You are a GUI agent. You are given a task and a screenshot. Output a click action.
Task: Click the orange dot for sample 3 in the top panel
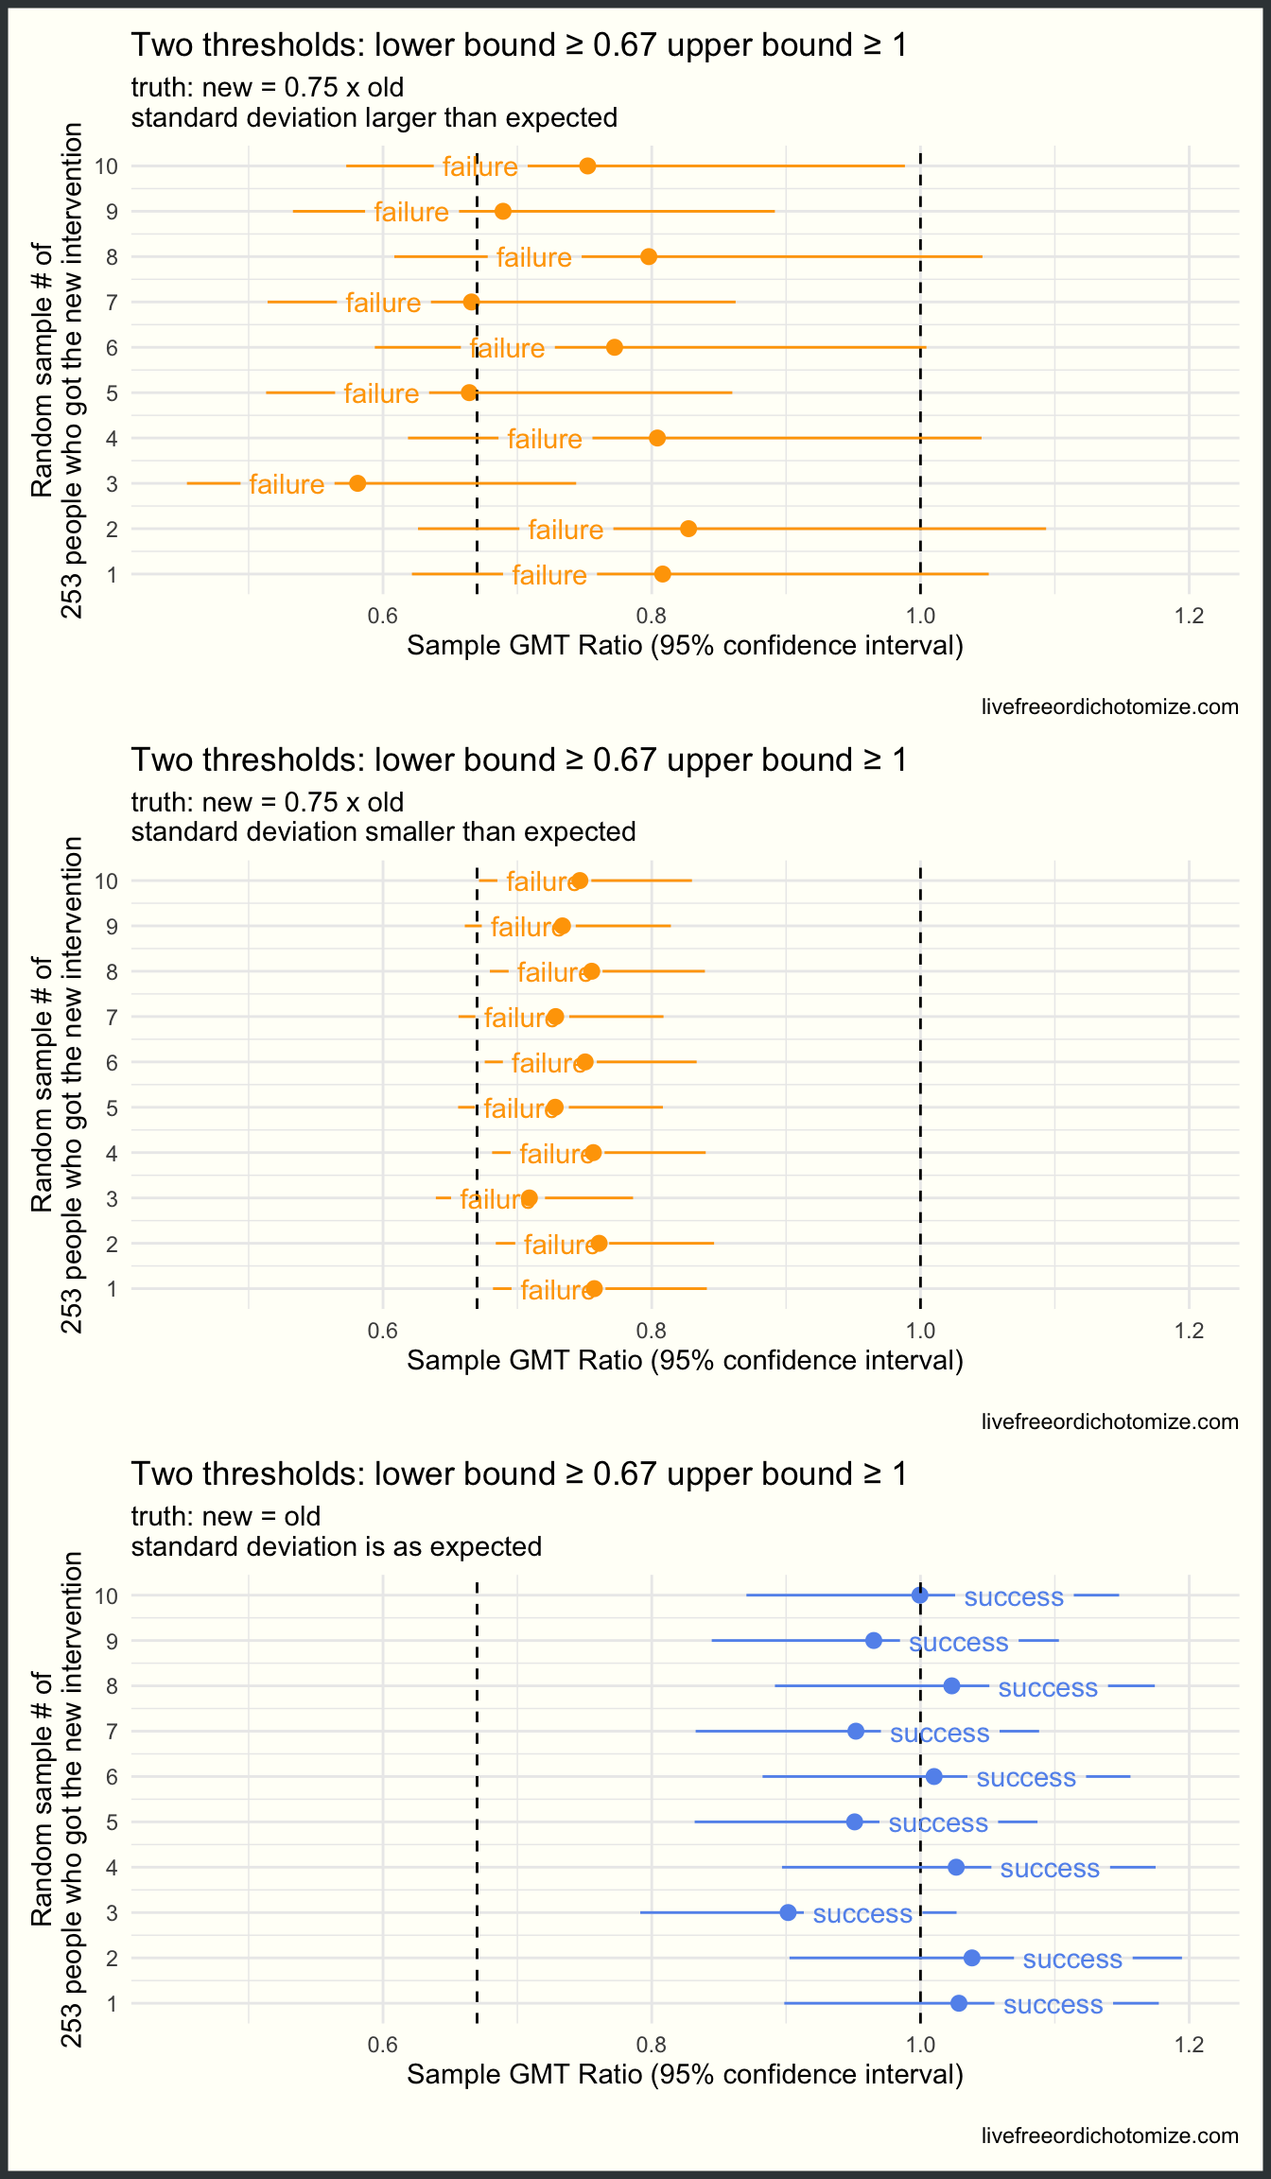[x=357, y=483]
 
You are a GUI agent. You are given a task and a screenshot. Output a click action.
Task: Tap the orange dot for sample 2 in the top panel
[x=688, y=529]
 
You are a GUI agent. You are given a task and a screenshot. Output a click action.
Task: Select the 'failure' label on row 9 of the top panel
[x=411, y=212]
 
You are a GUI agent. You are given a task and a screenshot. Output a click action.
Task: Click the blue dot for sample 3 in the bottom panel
[x=788, y=1912]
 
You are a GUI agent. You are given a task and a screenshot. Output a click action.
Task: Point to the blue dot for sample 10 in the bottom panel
[x=919, y=1595]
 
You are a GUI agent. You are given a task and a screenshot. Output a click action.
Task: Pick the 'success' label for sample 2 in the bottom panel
[x=1072, y=1959]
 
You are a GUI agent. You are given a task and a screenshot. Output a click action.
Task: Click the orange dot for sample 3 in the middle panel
[x=530, y=1198]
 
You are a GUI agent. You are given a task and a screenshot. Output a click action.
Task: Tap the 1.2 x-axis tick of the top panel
[x=1189, y=617]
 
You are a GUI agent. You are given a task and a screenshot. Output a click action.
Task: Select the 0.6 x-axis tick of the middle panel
[x=382, y=1332]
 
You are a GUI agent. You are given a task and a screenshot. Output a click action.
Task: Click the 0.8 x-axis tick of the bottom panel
[x=651, y=2046]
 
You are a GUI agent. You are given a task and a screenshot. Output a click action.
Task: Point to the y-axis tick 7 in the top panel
[x=113, y=303]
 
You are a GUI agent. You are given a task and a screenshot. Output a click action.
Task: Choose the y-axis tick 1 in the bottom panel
[x=113, y=2003]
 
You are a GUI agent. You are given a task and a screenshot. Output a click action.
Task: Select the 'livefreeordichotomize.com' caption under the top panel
[x=1109, y=706]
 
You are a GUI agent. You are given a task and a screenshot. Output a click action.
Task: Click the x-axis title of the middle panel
[x=685, y=1360]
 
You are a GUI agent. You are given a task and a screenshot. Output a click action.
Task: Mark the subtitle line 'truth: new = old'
[x=226, y=1516]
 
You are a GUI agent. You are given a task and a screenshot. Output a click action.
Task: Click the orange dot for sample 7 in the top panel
[x=471, y=302]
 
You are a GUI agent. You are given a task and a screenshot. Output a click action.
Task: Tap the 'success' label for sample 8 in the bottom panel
[x=1048, y=1688]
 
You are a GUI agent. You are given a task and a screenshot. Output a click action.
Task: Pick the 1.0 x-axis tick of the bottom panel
[x=919, y=2046]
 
